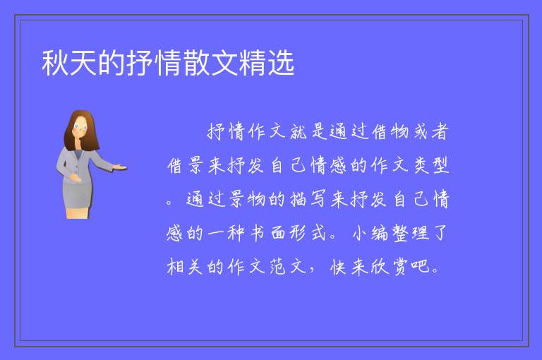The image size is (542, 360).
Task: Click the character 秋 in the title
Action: pyautogui.click(x=55, y=63)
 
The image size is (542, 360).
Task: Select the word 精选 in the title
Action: pyautogui.click(x=267, y=63)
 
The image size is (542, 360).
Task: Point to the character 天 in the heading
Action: pyautogui.click(x=83, y=63)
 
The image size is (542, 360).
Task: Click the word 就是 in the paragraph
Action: pyautogui.click(x=308, y=131)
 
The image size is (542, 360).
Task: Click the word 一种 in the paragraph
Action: pyautogui.click(x=227, y=233)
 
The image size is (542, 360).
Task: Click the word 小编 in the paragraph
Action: pyautogui.click(x=370, y=233)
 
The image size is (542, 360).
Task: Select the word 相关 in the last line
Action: pyautogui.click(x=185, y=267)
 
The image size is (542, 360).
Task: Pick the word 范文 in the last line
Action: pyautogui.click(x=288, y=267)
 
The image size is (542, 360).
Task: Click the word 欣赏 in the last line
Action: pyautogui.click(x=390, y=267)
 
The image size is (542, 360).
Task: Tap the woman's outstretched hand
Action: pyautogui.click(x=119, y=167)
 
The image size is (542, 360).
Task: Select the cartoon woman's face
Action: pyautogui.click(x=80, y=127)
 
